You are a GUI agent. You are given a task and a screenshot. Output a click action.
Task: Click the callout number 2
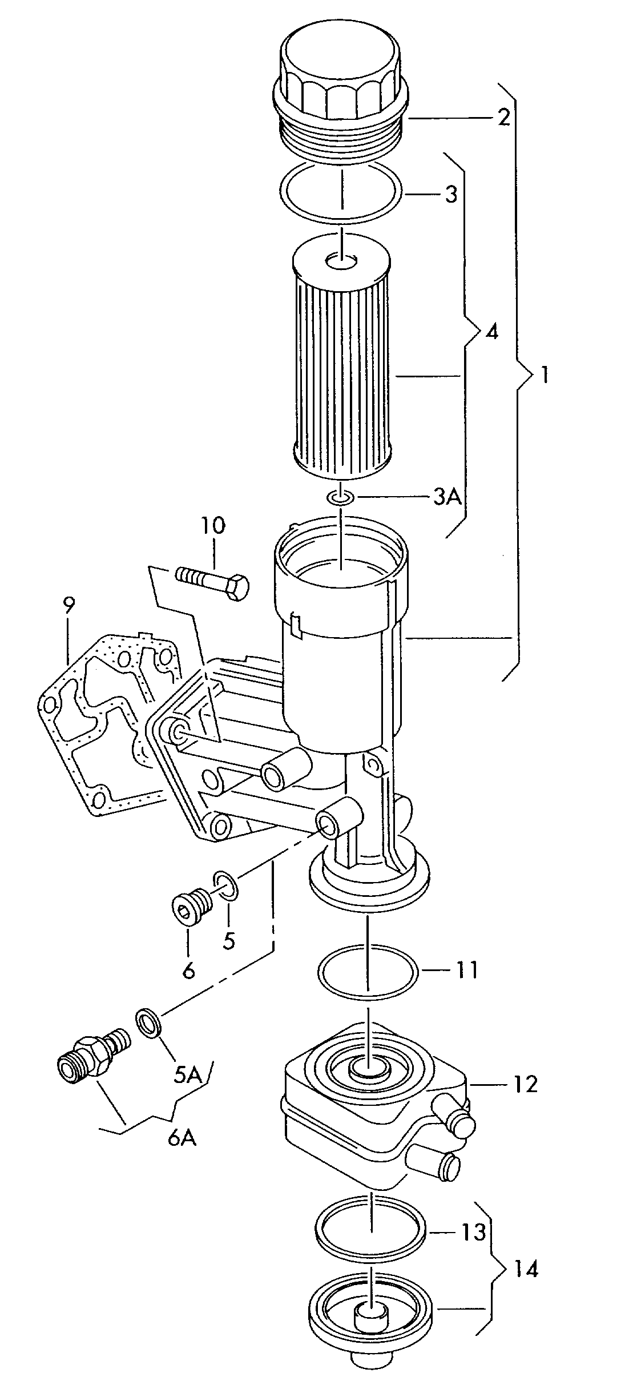503,118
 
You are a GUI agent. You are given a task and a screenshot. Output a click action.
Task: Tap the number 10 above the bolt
212,526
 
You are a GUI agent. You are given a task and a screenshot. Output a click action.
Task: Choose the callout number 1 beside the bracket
545,376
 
